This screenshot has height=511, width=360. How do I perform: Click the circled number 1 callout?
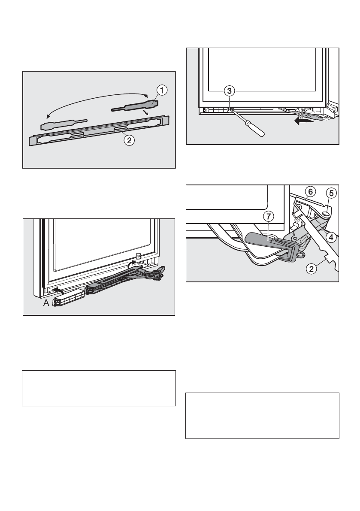161,91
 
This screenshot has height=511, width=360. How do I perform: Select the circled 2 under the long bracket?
127,139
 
